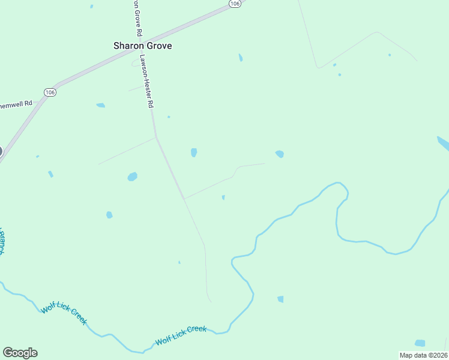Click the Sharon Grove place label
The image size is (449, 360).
(x=143, y=45)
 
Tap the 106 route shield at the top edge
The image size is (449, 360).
(x=235, y=4)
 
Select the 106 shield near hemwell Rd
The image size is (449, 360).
(x=50, y=92)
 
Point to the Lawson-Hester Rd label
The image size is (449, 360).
(x=147, y=81)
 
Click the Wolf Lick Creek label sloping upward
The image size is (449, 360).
(x=181, y=335)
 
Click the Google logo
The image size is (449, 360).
(x=20, y=352)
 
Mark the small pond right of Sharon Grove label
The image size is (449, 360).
(x=241, y=58)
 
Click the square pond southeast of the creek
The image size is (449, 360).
(x=280, y=299)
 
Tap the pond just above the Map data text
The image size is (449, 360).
(x=420, y=343)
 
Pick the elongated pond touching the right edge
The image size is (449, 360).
(x=443, y=143)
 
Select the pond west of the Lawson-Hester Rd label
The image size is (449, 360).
(x=100, y=105)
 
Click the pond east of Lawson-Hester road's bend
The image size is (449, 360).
(x=194, y=152)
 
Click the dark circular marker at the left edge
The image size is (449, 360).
(x=1, y=151)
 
